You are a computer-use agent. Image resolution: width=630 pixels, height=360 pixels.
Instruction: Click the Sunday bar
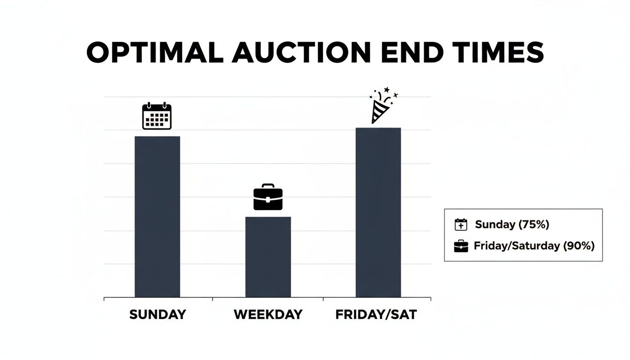click(157, 217)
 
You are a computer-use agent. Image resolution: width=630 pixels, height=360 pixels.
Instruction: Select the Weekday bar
click(268, 257)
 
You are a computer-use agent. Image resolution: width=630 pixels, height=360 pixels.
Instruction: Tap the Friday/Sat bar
click(378, 212)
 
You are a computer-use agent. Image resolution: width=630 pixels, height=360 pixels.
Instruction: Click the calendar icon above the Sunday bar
click(157, 116)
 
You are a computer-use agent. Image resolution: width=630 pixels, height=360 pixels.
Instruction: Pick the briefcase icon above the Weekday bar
click(268, 197)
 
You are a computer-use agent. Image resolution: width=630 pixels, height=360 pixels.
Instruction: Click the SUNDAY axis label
click(157, 315)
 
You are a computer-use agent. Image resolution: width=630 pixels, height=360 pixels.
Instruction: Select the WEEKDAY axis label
click(268, 315)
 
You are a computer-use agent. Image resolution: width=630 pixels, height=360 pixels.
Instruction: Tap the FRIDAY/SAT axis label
click(376, 315)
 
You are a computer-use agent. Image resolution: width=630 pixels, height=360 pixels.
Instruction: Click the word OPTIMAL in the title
click(155, 53)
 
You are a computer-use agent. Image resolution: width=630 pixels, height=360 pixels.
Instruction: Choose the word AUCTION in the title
click(302, 53)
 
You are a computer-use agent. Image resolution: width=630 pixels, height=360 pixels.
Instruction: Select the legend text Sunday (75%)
click(512, 225)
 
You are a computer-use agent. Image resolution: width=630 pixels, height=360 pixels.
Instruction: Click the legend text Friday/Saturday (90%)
click(534, 246)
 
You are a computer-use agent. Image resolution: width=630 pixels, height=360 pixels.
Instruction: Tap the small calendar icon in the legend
click(461, 225)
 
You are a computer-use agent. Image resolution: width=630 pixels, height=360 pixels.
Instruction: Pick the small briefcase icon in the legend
click(461, 246)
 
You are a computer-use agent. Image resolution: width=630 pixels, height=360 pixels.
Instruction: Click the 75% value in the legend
click(533, 225)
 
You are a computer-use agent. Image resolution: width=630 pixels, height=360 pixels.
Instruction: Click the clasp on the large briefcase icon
click(268, 200)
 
